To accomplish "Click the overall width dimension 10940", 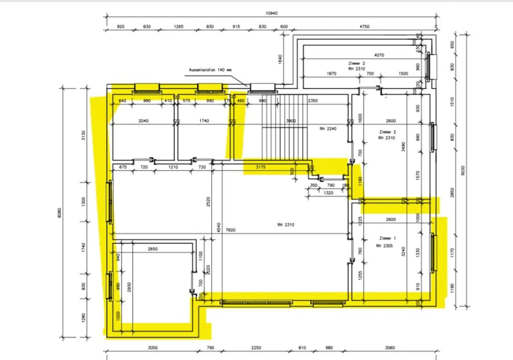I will click(271, 13).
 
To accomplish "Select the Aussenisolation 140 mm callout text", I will click(210, 70).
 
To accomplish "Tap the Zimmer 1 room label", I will click(387, 238).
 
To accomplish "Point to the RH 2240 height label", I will click(328, 129).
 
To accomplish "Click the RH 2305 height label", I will click(384, 246).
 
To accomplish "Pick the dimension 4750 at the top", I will click(364, 26).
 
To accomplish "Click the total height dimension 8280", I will click(59, 213).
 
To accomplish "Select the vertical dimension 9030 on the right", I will click(462, 171).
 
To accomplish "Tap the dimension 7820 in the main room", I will click(230, 230).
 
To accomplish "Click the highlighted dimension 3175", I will click(260, 167).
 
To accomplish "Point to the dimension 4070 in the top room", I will click(379, 55).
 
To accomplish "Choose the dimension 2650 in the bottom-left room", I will click(152, 249).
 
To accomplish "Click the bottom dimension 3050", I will click(152, 348).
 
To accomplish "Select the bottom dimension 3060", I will click(390, 348).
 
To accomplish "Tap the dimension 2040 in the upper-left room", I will click(144, 121).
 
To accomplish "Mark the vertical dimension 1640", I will click(280, 59).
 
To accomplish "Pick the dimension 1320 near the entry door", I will click(328, 193).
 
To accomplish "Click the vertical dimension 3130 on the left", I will click(83, 135).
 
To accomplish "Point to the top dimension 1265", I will click(178, 26).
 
